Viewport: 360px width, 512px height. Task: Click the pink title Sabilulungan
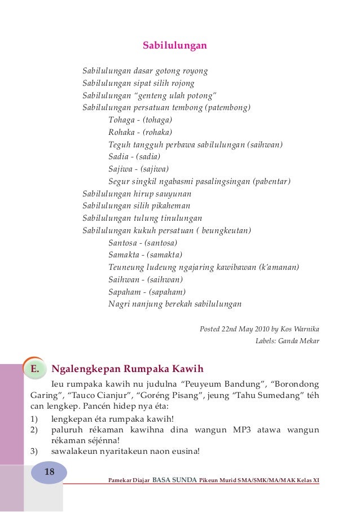175,45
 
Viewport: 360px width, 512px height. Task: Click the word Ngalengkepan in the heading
86,370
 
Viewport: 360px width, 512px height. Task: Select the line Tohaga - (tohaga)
141,120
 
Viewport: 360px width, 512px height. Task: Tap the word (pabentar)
271,181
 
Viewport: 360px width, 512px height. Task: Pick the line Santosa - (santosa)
143,243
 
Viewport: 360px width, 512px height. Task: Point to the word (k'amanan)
278,267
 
